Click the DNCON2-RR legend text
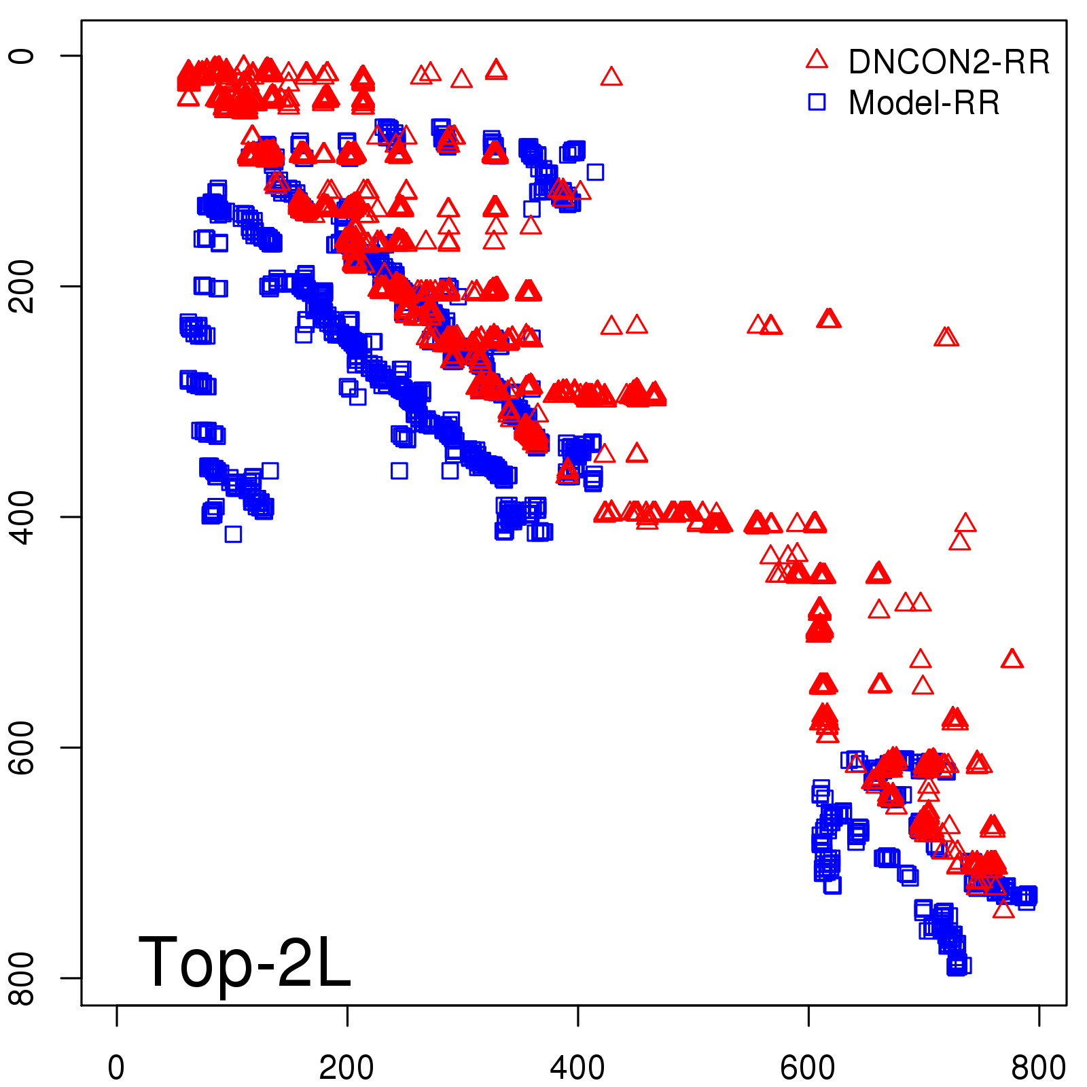click(x=948, y=62)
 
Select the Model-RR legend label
click(x=924, y=103)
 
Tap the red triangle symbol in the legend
click(x=817, y=60)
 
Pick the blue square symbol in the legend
click(x=817, y=102)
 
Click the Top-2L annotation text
click(x=245, y=962)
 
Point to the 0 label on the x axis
click(x=116, y=1068)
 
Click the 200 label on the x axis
click(x=346, y=1068)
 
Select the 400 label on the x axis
click(x=577, y=1068)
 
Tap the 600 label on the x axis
click(x=808, y=1068)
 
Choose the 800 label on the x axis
click(x=1038, y=1068)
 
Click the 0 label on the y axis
click(x=22, y=55)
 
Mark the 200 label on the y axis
click(x=22, y=286)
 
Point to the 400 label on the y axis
click(x=22, y=517)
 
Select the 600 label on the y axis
click(x=22, y=747)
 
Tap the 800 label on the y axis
click(x=22, y=978)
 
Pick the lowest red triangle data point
click(x=1003, y=908)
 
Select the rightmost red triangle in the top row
click(x=611, y=77)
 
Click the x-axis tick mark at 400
click(x=577, y=1016)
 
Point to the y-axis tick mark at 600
click(x=71, y=747)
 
